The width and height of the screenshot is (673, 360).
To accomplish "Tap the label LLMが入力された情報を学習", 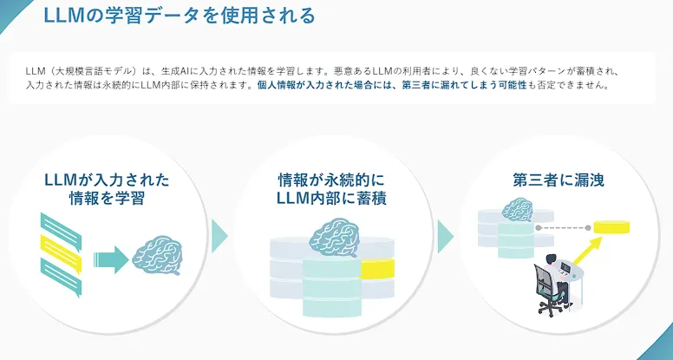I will [107, 189].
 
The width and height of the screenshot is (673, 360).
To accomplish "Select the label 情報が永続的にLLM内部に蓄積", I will [330, 189].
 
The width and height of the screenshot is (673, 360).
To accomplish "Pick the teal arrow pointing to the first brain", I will [109, 257].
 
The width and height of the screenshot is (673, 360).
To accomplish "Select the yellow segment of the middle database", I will [376, 269].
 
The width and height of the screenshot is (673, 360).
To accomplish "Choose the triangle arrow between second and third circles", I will [445, 235].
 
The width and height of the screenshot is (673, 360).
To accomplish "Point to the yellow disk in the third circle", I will [611, 227].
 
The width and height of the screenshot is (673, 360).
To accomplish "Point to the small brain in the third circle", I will [518, 209].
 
